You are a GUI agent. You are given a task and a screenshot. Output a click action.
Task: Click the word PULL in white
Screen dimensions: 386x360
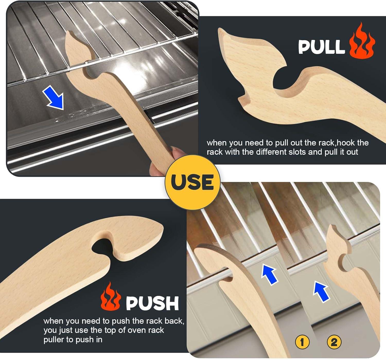click(321, 47)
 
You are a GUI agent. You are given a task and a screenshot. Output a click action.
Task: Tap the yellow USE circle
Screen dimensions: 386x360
click(192, 182)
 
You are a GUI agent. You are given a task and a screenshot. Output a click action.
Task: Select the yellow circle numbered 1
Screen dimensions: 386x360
click(302, 342)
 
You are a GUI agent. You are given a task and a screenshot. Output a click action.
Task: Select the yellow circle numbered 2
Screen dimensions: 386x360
click(334, 342)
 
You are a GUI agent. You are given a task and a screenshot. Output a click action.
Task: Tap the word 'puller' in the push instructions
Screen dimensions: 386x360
click(54, 340)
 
